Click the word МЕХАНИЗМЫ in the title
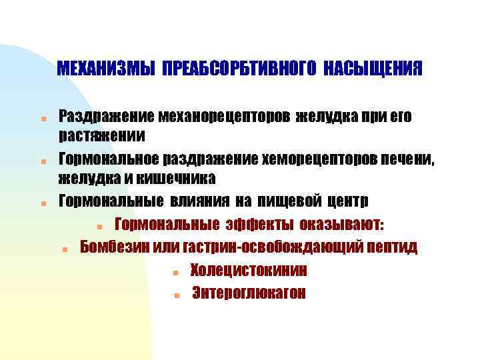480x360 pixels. (x=105, y=69)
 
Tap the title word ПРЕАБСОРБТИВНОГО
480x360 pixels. (x=239, y=69)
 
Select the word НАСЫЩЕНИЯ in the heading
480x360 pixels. (x=373, y=69)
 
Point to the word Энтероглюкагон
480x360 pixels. (x=249, y=293)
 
